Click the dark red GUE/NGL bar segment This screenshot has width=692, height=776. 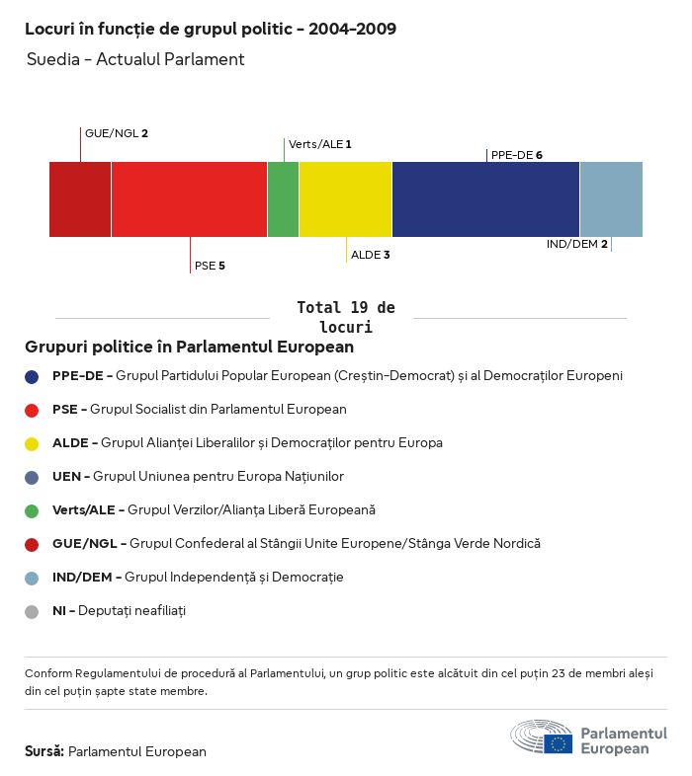[80, 199]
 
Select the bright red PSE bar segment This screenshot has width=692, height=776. [189, 199]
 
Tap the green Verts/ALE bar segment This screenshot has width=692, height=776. [283, 199]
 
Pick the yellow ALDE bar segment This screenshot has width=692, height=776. [345, 199]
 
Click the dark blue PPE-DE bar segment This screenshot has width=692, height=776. [485, 199]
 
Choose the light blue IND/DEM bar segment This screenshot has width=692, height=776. [611, 199]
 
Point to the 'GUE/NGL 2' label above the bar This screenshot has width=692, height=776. [117, 133]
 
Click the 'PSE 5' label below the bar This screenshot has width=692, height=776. [210, 266]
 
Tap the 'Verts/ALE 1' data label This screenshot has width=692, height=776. [319, 144]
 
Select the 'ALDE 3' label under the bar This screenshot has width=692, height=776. [371, 255]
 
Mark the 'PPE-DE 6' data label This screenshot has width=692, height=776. [516, 155]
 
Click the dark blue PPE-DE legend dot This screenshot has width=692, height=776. [32, 376]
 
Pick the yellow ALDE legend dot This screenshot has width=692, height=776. [32, 443]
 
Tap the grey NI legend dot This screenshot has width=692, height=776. [32, 611]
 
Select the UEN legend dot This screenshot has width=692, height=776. [32, 477]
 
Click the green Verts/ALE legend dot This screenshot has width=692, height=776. [32, 510]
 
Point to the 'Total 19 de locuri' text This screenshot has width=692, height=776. [345, 317]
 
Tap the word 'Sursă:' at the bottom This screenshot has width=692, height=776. [44, 751]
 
